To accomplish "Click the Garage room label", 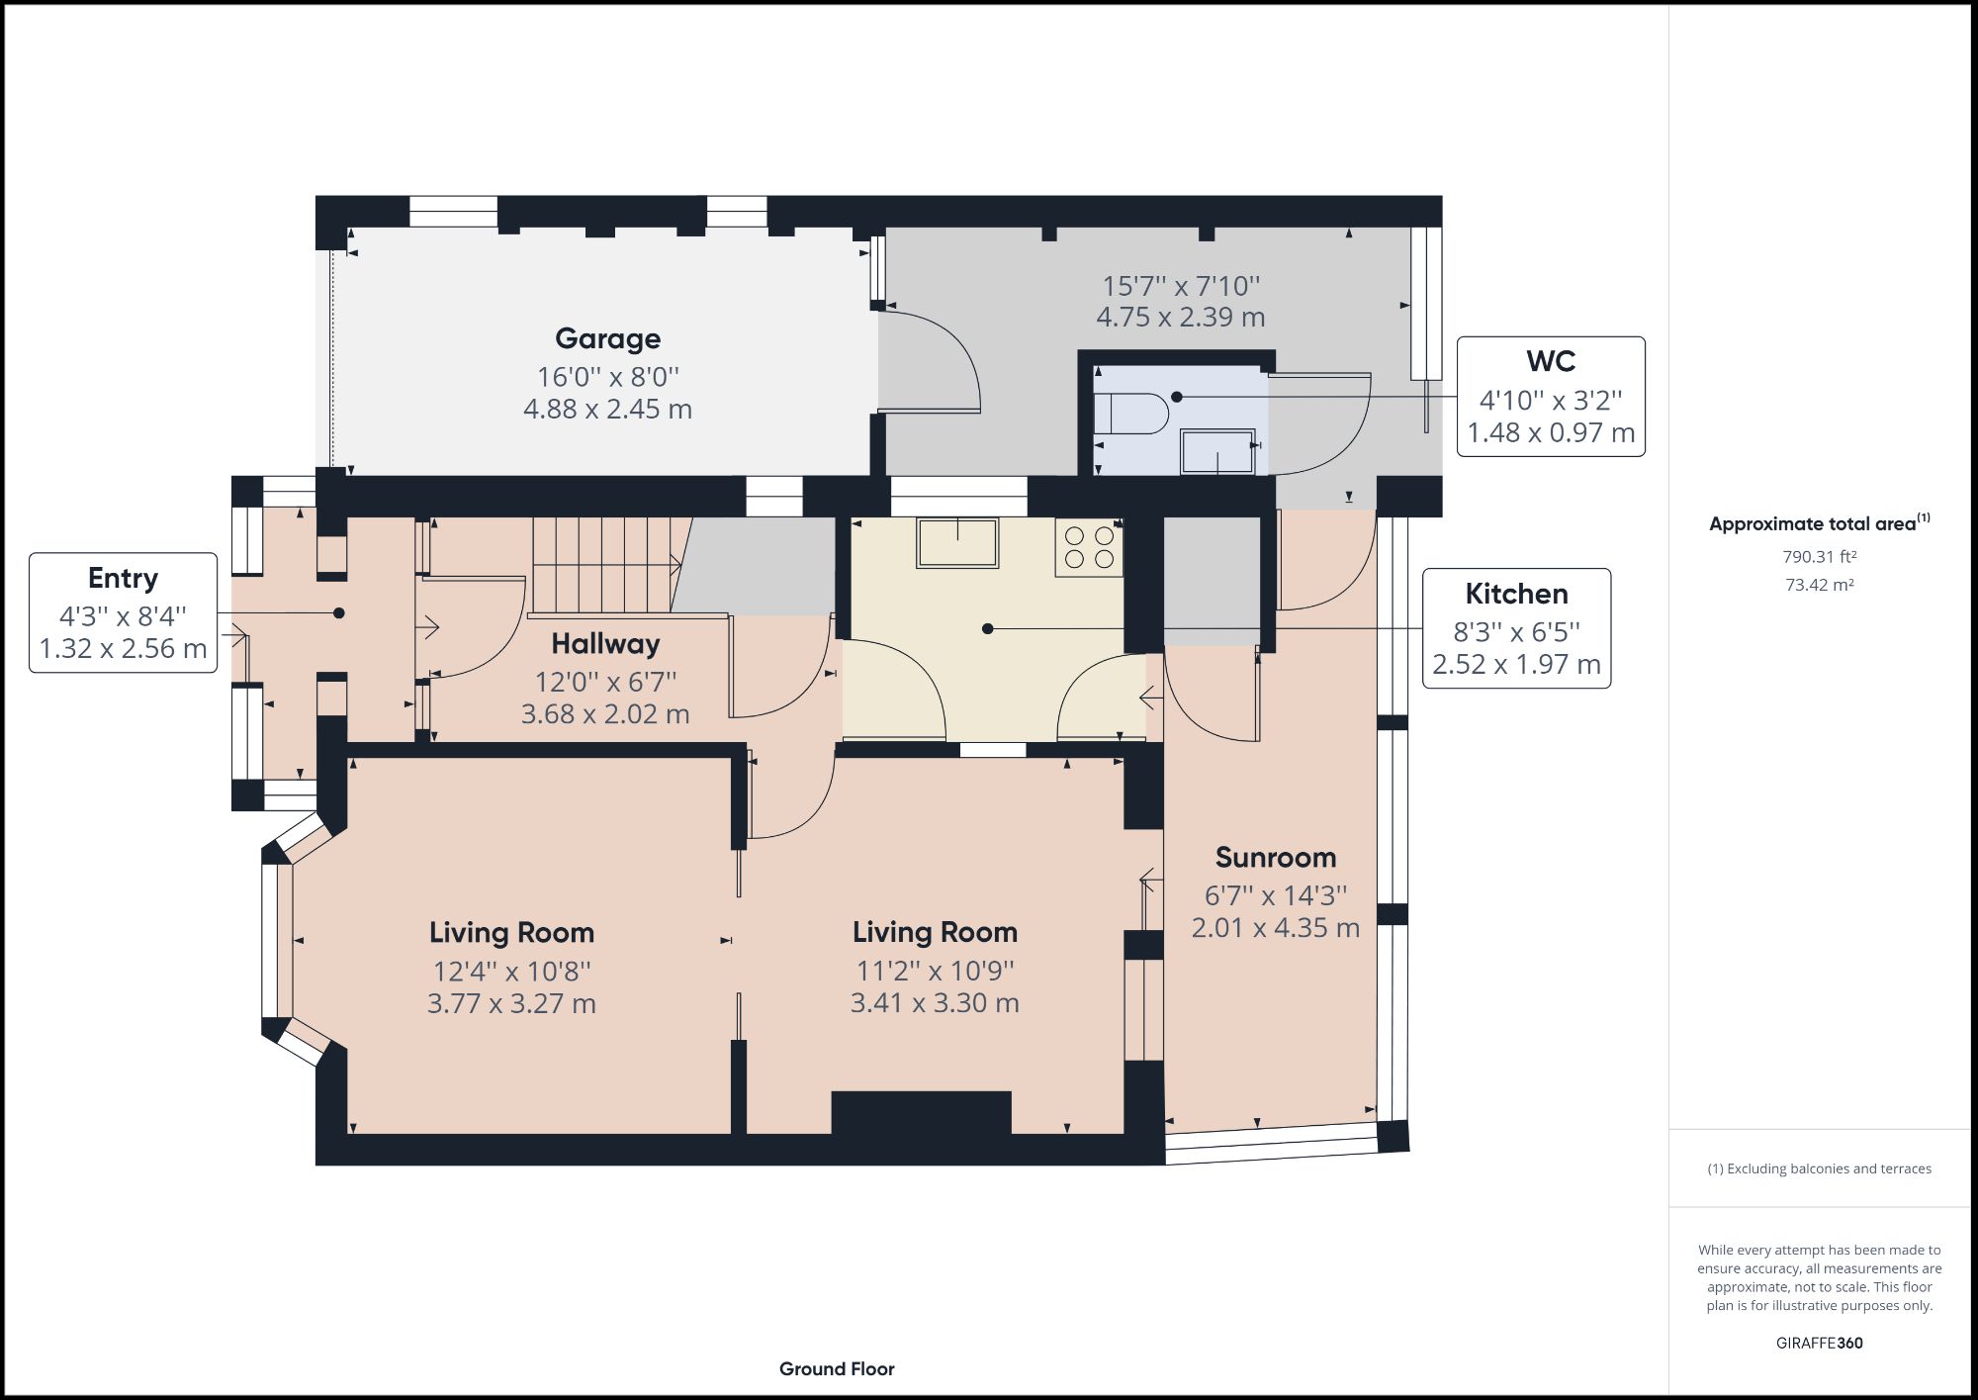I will (607, 339).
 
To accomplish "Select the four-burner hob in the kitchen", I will (1088, 547).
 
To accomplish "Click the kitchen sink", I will (956, 542).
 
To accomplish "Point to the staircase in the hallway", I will (603, 564).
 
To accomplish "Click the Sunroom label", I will (1275, 858).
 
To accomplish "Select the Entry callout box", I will (123, 612).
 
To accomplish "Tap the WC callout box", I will (1550, 396).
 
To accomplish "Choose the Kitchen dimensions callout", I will (1515, 628).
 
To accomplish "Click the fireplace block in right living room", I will (921, 1112).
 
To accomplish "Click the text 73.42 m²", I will (1819, 585).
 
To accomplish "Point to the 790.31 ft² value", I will (1819, 557).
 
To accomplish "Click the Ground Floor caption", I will (837, 1369).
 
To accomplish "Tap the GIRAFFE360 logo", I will (1819, 1343).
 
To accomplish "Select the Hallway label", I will (605, 644).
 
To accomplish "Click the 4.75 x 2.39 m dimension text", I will (1180, 318).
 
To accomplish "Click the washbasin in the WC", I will (1218, 452).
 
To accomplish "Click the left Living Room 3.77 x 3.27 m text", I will (511, 1003).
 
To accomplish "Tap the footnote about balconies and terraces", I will (1819, 1168).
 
